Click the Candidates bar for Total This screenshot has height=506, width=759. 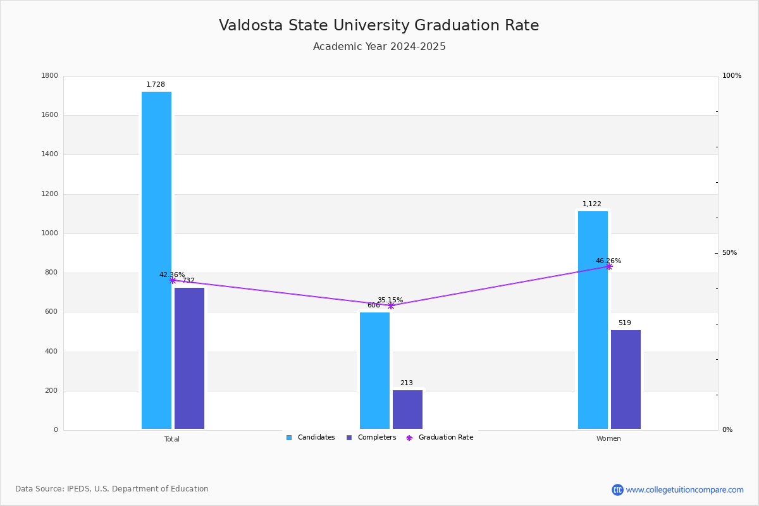(157, 261)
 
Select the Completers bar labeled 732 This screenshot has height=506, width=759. (189, 358)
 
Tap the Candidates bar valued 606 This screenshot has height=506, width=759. (374, 371)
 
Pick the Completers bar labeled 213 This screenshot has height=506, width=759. (407, 410)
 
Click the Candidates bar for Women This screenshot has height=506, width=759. (593, 320)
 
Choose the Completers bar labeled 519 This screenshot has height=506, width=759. (626, 379)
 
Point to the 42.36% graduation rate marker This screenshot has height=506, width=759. (173, 280)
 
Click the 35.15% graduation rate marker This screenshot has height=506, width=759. (391, 306)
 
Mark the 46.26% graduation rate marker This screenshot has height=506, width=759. (609, 267)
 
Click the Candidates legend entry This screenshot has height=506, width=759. (311, 438)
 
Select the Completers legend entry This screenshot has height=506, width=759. (371, 438)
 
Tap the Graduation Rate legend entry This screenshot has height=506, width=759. (440, 438)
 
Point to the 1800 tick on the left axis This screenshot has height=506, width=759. (49, 75)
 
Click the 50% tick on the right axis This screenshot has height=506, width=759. (729, 253)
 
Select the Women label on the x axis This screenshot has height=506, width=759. (608, 438)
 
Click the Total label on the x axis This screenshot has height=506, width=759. (172, 439)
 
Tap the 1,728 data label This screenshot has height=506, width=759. (156, 84)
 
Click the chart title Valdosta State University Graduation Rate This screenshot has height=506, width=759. (379, 25)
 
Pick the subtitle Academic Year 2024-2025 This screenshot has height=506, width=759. (379, 46)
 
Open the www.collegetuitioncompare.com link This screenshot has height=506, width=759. (684, 490)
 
